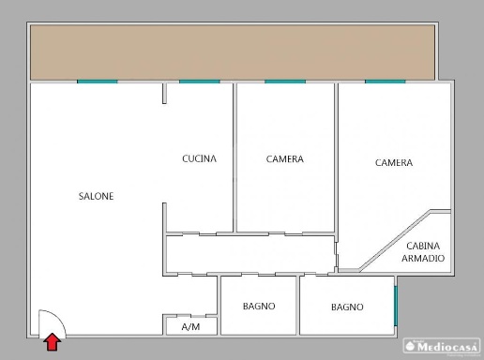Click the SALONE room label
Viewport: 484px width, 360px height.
point(96,196)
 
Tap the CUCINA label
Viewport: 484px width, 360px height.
point(199,158)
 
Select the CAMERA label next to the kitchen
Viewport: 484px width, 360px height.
point(285,159)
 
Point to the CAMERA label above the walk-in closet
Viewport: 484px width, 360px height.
point(394,162)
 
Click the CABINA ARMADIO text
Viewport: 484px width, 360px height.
point(423,252)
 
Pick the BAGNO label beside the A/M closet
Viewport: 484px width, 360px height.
point(259,306)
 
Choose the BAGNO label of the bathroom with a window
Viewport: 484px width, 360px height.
point(347,307)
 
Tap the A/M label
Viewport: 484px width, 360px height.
point(190,327)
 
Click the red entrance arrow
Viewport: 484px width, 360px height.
point(53,341)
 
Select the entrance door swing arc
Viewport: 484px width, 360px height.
point(58,316)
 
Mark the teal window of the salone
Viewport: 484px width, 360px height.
point(98,82)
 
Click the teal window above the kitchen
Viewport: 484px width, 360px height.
point(200,82)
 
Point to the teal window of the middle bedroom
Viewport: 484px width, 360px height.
point(285,82)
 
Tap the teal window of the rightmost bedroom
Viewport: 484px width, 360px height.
point(386,82)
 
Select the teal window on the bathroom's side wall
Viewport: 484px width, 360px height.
point(396,306)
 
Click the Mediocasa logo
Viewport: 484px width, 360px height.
point(442,346)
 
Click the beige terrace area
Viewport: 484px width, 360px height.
point(233,52)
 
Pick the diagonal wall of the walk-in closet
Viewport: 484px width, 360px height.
point(395,240)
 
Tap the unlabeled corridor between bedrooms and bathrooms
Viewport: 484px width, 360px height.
point(250,254)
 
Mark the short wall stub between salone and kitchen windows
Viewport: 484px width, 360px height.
point(164,93)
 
